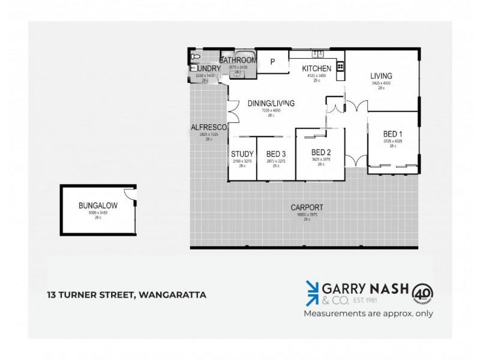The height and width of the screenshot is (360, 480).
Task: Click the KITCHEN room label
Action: click(316, 68)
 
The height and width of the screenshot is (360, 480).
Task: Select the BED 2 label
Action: click(321, 152)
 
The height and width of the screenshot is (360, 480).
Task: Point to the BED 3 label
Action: click(276, 154)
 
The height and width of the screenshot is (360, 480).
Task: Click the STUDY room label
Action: click(242, 154)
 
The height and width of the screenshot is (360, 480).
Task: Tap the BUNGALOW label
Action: click(98, 205)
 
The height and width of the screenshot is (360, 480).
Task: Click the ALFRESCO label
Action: click(208, 127)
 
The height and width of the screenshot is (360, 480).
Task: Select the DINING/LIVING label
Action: click(271, 103)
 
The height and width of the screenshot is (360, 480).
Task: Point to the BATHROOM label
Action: click(238, 61)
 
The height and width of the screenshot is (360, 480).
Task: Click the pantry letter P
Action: click(272, 61)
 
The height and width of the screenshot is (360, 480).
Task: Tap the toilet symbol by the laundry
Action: click(194, 57)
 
